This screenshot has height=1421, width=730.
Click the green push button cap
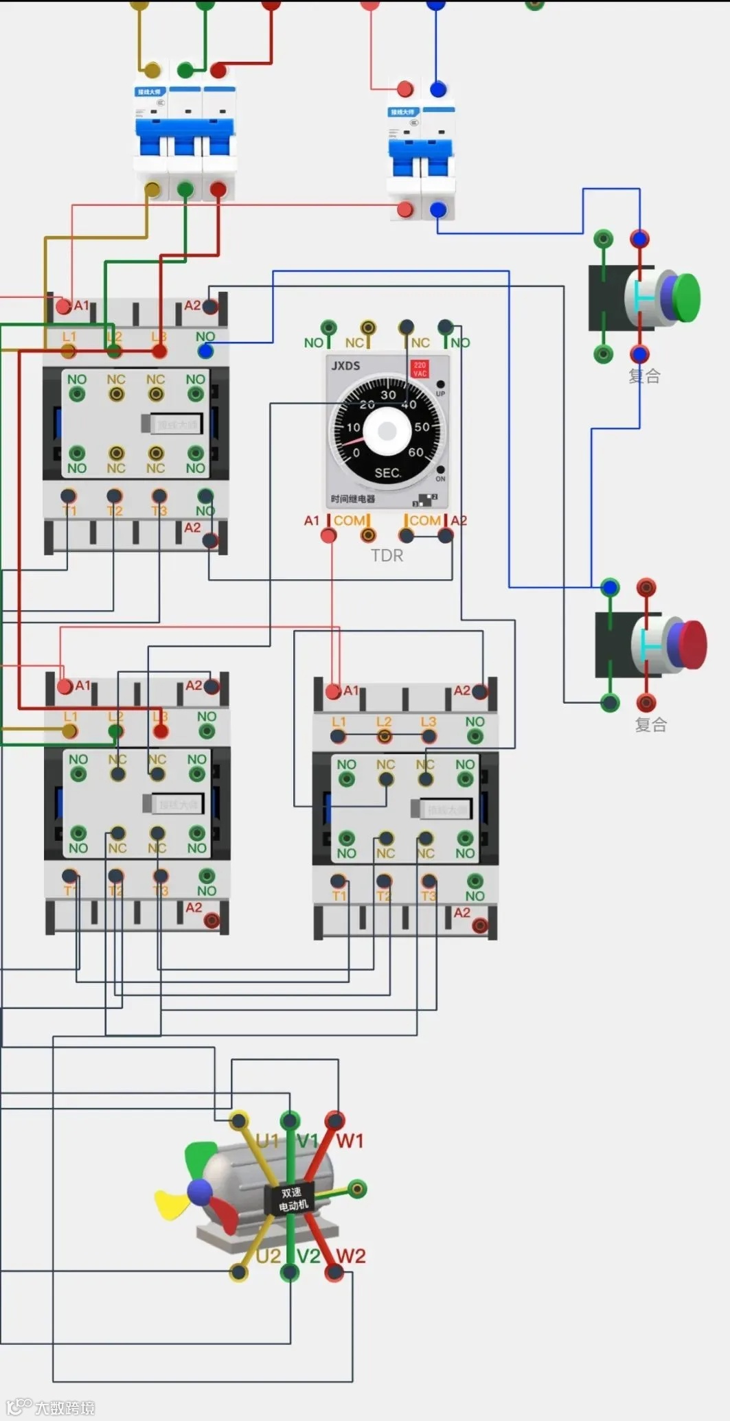tap(687, 297)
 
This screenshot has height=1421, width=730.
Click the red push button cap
tap(694, 644)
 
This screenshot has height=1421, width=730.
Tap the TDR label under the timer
tap(387, 555)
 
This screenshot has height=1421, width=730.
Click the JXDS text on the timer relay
tap(345, 366)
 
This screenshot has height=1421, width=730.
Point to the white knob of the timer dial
tap(387, 431)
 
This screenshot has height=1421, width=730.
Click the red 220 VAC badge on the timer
tap(420, 369)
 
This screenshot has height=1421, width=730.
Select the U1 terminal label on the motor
tap(267, 1141)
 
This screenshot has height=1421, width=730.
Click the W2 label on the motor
tap(350, 1256)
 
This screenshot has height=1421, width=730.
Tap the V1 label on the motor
tap(308, 1141)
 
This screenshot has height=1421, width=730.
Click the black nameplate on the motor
tap(291, 1199)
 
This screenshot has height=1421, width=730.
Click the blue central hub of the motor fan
tap(200, 1192)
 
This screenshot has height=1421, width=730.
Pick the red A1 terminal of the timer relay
tap(329, 535)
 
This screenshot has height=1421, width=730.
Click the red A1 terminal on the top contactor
tap(64, 306)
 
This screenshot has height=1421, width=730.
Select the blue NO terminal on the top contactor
tap(205, 351)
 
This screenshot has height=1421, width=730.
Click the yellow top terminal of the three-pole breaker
tap(152, 70)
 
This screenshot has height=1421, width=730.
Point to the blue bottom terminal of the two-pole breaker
tap(437, 209)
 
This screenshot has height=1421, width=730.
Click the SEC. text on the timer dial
tap(387, 473)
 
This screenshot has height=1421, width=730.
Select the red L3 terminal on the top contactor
tap(159, 351)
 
